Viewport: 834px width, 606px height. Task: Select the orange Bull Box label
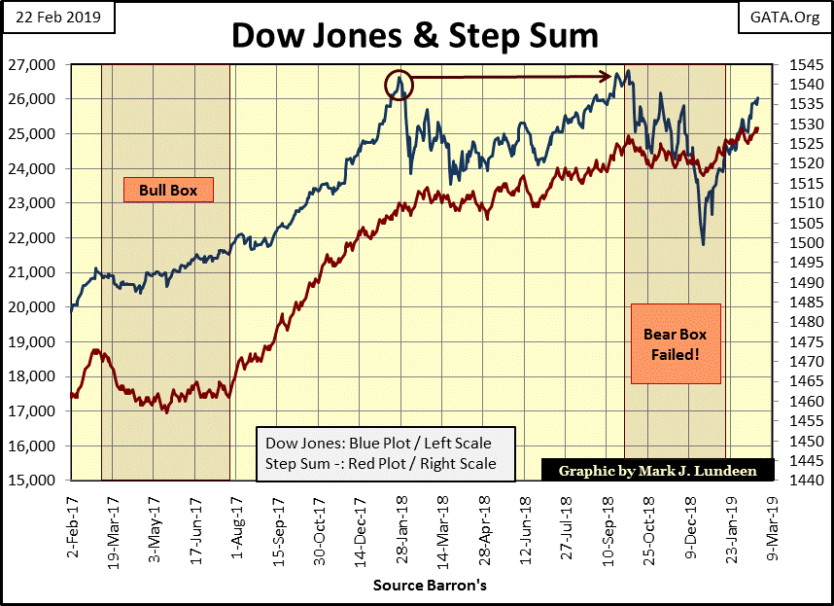(x=167, y=190)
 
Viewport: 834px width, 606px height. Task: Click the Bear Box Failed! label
(x=671, y=344)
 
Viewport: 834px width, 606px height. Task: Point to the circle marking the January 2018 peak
(x=399, y=85)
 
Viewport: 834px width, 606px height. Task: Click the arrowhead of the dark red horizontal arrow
(x=608, y=76)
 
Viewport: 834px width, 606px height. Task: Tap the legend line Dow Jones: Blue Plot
(x=378, y=444)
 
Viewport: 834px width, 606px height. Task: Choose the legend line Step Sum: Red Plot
(x=380, y=464)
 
